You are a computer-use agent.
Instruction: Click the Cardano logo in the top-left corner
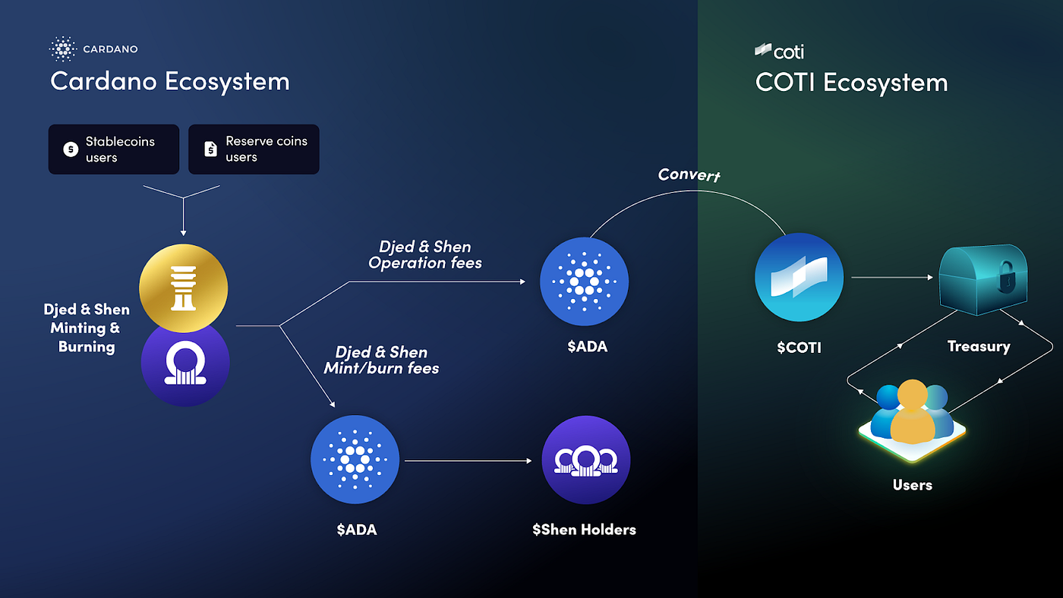(63, 49)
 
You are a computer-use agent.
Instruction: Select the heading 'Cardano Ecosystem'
(169, 81)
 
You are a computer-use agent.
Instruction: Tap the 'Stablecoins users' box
(114, 149)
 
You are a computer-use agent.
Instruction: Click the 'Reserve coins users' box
(254, 149)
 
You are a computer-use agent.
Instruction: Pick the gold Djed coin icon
(184, 288)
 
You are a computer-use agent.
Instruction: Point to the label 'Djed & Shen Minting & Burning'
(87, 328)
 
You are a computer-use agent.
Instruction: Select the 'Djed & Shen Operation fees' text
(425, 255)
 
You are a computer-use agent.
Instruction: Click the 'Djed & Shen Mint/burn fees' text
(381, 360)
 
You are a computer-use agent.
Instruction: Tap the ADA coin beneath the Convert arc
(584, 282)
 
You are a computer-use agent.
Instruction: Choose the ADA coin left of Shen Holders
(355, 460)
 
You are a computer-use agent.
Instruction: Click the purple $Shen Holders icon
(585, 460)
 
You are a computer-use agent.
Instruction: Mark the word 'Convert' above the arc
(689, 175)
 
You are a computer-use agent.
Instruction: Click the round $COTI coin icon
(799, 277)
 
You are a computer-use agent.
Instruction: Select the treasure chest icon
(983, 279)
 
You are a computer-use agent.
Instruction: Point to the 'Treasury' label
(978, 347)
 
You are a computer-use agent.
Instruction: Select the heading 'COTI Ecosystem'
(851, 82)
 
